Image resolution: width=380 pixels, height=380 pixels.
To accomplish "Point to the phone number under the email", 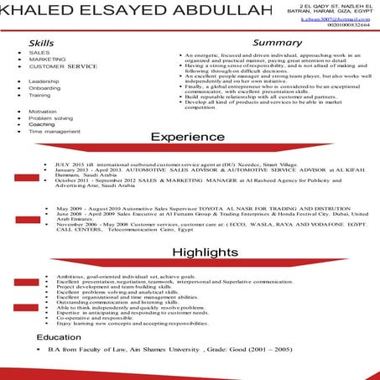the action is coord(349,24).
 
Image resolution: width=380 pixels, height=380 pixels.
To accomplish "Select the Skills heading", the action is coord(42,42).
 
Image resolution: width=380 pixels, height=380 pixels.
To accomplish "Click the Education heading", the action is coord(58,336).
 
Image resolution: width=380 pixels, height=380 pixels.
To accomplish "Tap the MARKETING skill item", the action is coord(48,60).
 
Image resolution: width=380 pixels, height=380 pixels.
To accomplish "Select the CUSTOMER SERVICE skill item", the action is coord(63,66).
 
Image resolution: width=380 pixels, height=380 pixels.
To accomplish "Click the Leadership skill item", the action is coord(45,81).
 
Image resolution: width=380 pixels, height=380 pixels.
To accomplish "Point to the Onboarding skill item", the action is coord(45,88).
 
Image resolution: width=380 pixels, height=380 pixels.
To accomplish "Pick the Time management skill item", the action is coord(55,132).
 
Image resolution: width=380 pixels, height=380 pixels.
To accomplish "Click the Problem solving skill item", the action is coord(50,118).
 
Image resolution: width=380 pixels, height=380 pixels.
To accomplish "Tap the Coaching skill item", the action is coord(42,125).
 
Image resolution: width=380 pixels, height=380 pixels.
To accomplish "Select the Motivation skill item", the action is coord(43,112).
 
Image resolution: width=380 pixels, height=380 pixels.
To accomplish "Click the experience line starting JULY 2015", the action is coord(168,165).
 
